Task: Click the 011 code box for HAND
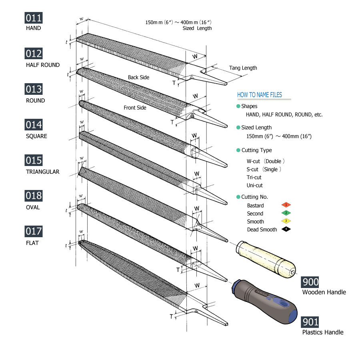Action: tap(34, 18)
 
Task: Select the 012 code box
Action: tap(34, 54)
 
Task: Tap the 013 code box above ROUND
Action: tap(34, 89)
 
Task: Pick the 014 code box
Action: tap(34, 125)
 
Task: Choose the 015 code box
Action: tap(34, 160)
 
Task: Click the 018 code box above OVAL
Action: tap(34, 196)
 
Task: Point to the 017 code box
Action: tap(34, 232)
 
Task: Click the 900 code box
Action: tap(310, 282)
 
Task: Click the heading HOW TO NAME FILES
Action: tap(259, 95)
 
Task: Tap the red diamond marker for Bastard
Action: tap(286, 205)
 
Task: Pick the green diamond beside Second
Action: tap(286, 213)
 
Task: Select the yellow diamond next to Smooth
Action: tap(286, 221)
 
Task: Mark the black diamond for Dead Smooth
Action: tap(286, 229)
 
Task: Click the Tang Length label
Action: tap(243, 68)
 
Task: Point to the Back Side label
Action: tap(138, 77)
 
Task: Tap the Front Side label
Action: tap(135, 108)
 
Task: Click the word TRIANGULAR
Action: tap(42, 172)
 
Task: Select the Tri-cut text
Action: tap(254, 177)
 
